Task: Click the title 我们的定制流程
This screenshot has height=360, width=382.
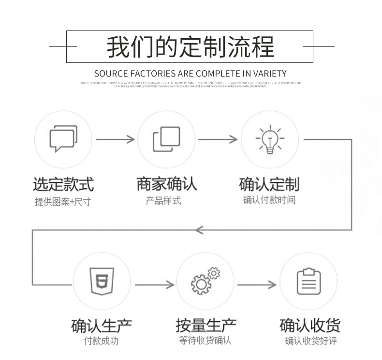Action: (x=190, y=47)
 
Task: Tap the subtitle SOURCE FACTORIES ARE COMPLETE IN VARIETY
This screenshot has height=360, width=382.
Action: (x=190, y=74)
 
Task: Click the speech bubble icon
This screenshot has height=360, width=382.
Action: (x=63, y=139)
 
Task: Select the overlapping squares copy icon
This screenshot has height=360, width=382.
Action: (x=166, y=139)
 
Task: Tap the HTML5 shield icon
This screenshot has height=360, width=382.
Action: (x=102, y=281)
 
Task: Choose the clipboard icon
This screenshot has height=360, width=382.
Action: (x=309, y=281)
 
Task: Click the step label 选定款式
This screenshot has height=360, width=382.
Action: (x=63, y=184)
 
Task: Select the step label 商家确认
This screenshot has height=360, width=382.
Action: (x=166, y=184)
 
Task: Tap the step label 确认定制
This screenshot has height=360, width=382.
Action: (x=269, y=184)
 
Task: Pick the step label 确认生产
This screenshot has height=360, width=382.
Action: (x=102, y=326)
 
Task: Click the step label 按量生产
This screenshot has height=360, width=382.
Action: (x=206, y=326)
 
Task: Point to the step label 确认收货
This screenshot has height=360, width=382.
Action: (x=309, y=326)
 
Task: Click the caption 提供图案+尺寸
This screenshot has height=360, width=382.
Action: (x=63, y=201)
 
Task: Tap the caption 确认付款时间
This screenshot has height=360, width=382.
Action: (x=269, y=200)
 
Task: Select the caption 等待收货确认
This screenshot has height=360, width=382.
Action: (x=206, y=341)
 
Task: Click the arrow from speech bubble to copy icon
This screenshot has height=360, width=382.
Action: (x=115, y=139)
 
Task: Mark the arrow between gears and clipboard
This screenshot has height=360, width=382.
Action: (x=256, y=285)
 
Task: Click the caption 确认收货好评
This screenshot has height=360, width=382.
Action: (x=310, y=341)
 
